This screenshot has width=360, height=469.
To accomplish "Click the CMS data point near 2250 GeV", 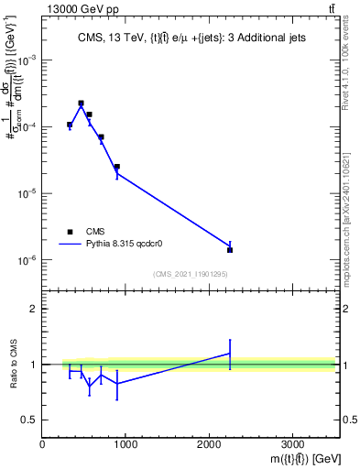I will pyautogui.click(x=230, y=250).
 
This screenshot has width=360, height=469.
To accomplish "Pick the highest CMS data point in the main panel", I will pyautogui.click(x=81, y=104).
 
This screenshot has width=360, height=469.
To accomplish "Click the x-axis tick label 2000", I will pyautogui.click(x=209, y=445).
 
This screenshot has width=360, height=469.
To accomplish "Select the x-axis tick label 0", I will pyautogui.click(x=42, y=445).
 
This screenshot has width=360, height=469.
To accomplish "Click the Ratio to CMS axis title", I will pyautogui.click(x=14, y=365).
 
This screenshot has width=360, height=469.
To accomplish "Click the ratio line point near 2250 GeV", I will pyautogui.click(x=230, y=353).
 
